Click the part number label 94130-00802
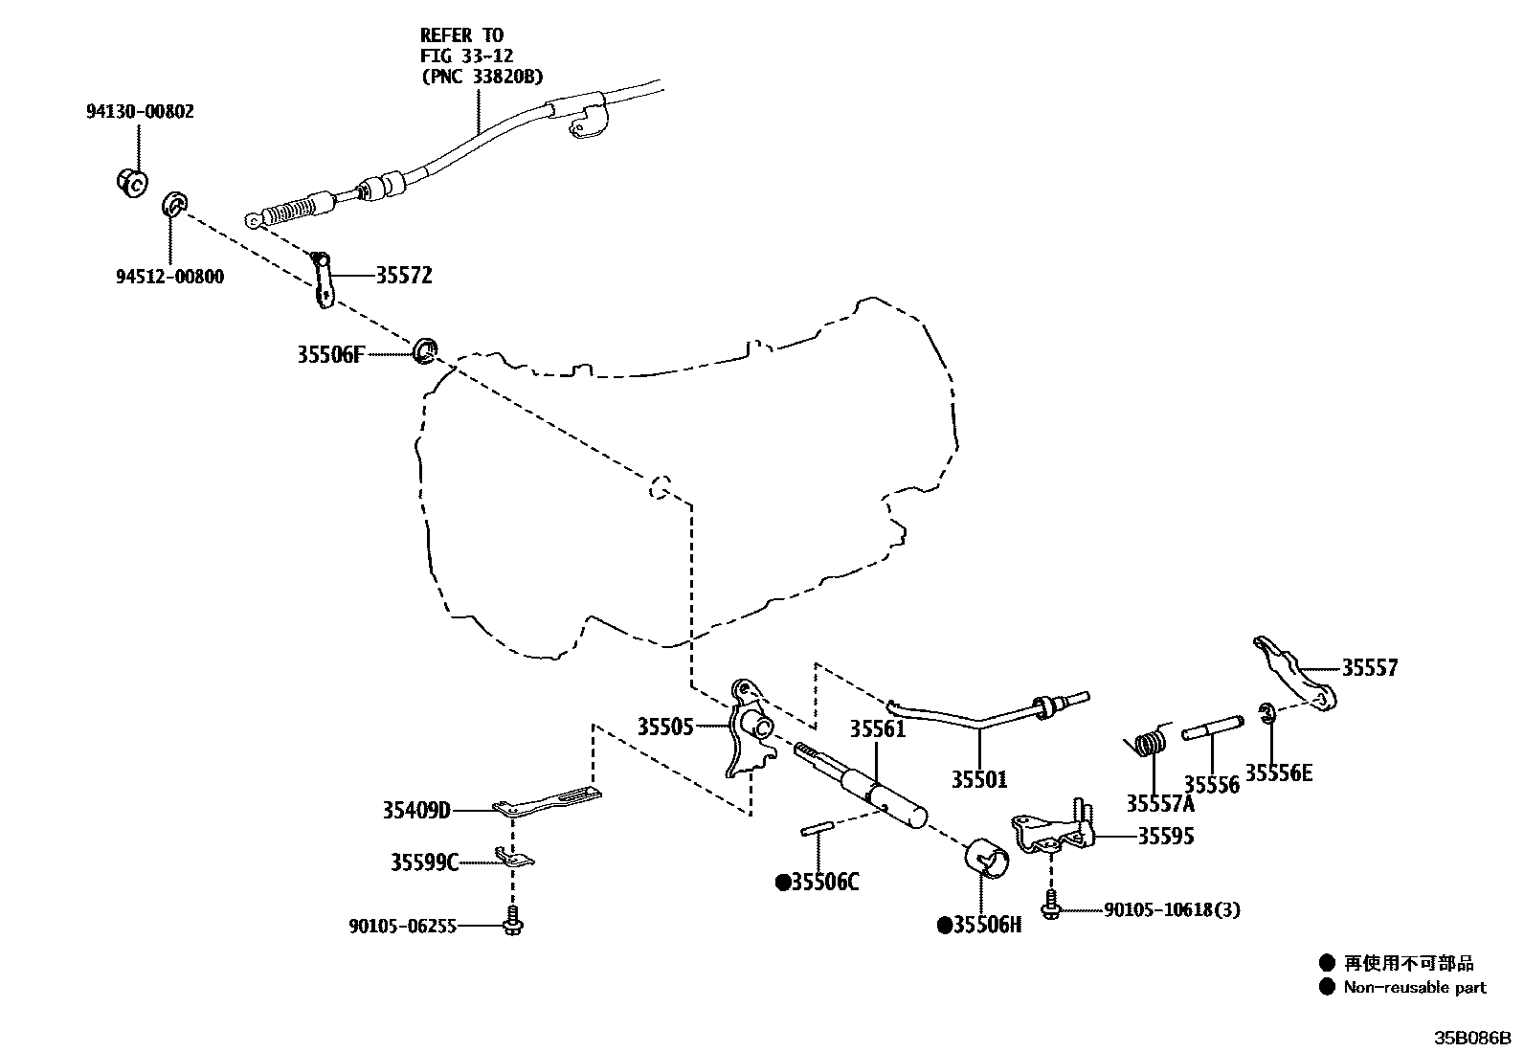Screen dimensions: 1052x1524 point(141,112)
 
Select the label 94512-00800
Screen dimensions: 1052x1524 point(169,278)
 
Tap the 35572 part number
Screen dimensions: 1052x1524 point(403,277)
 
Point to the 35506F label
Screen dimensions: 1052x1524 point(330,355)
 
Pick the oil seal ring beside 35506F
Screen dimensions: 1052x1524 point(425,350)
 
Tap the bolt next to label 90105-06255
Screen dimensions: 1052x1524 point(513,921)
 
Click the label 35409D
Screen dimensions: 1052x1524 point(416,812)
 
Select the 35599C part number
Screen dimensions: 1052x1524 point(424,863)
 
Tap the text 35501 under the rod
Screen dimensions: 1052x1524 point(978,780)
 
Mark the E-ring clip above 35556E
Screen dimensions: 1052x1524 point(1266,713)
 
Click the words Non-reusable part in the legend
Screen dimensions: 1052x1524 point(1415,988)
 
